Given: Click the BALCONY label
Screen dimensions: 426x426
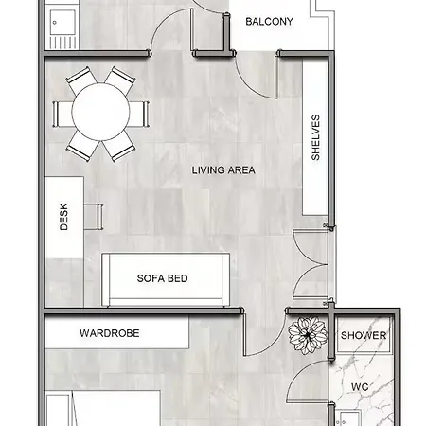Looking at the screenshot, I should pyautogui.click(x=269, y=22).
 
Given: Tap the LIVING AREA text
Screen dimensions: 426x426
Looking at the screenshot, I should pyautogui.click(x=223, y=170).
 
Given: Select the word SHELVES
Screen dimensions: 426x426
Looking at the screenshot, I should pyautogui.click(x=315, y=138).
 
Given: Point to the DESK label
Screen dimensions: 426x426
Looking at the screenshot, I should pyautogui.click(x=64, y=221).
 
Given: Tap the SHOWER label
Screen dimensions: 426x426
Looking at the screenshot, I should pyautogui.click(x=364, y=336).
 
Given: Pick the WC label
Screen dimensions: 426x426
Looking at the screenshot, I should pyautogui.click(x=360, y=387).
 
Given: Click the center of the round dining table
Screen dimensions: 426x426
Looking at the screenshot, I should pyautogui.click(x=99, y=112).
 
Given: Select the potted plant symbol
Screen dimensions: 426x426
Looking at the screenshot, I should pyautogui.click(x=306, y=334).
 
